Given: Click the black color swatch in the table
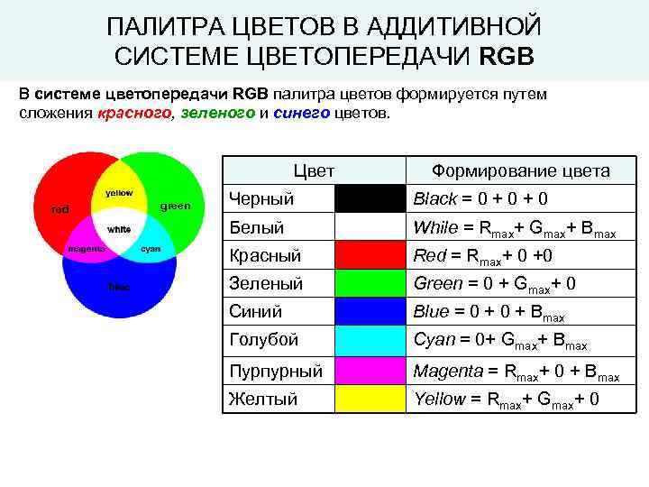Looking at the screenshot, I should (370, 198).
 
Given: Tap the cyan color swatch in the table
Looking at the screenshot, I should (370, 340).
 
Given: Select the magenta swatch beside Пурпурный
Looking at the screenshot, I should (370, 370).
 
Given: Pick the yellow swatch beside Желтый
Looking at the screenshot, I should (370, 399).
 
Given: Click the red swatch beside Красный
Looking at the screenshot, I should (370, 255).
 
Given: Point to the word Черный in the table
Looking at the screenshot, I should (261, 198).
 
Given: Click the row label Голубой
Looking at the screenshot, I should (263, 340).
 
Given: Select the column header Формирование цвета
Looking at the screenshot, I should (520, 170).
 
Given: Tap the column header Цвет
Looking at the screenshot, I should (314, 170).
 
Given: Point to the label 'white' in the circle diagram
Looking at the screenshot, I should (119, 229).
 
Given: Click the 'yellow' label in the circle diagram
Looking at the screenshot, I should (119, 193).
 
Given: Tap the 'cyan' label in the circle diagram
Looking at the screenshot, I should (151, 249).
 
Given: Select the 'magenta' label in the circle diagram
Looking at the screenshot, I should (87, 249).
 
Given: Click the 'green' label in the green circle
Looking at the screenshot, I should (175, 206).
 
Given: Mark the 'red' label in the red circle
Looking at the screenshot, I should (59, 209).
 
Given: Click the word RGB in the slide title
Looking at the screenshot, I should (507, 56).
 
